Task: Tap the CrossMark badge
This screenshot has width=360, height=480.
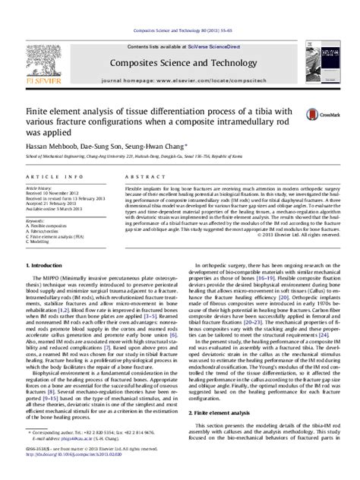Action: click(x=312, y=115)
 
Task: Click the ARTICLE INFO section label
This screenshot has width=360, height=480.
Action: click(x=50, y=175)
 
